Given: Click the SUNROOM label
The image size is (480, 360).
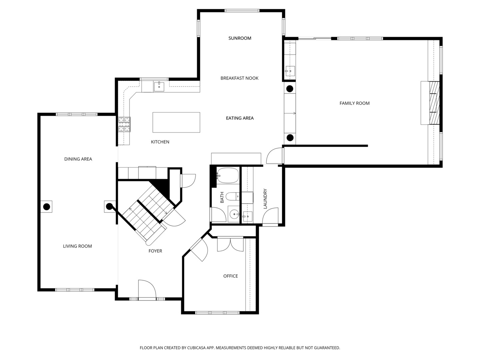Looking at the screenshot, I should [x=240, y=38].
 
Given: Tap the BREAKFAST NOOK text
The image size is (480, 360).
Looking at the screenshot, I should [x=239, y=78].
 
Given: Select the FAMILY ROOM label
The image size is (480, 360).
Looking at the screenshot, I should [x=354, y=103].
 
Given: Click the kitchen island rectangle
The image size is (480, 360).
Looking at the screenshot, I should [x=176, y=122].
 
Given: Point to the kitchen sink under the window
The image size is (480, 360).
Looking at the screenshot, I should [x=159, y=87].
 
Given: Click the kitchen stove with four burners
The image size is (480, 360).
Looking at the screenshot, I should [x=124, y=124].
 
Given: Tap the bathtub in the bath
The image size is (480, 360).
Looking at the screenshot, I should [x=228, y=175].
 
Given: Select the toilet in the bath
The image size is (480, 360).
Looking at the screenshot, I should [x=232, y=196].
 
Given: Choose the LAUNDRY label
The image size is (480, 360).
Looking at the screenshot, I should [x=265, y=199].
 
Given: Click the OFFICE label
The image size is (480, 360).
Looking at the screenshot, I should [x=231, y=276].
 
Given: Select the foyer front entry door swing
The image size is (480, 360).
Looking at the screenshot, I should [x=147, y=289].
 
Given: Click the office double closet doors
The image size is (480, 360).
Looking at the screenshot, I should [x=230, y=245].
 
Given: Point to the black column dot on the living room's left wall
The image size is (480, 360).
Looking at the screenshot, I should [x=47, y=207].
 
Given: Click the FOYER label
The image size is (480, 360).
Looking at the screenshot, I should [x=155, y=251].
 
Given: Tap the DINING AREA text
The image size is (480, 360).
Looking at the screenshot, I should [x=78, y=159].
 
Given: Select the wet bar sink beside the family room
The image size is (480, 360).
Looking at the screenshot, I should [x=290, y=70].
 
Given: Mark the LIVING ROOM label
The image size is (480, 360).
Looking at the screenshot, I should [x=77, y=246].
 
